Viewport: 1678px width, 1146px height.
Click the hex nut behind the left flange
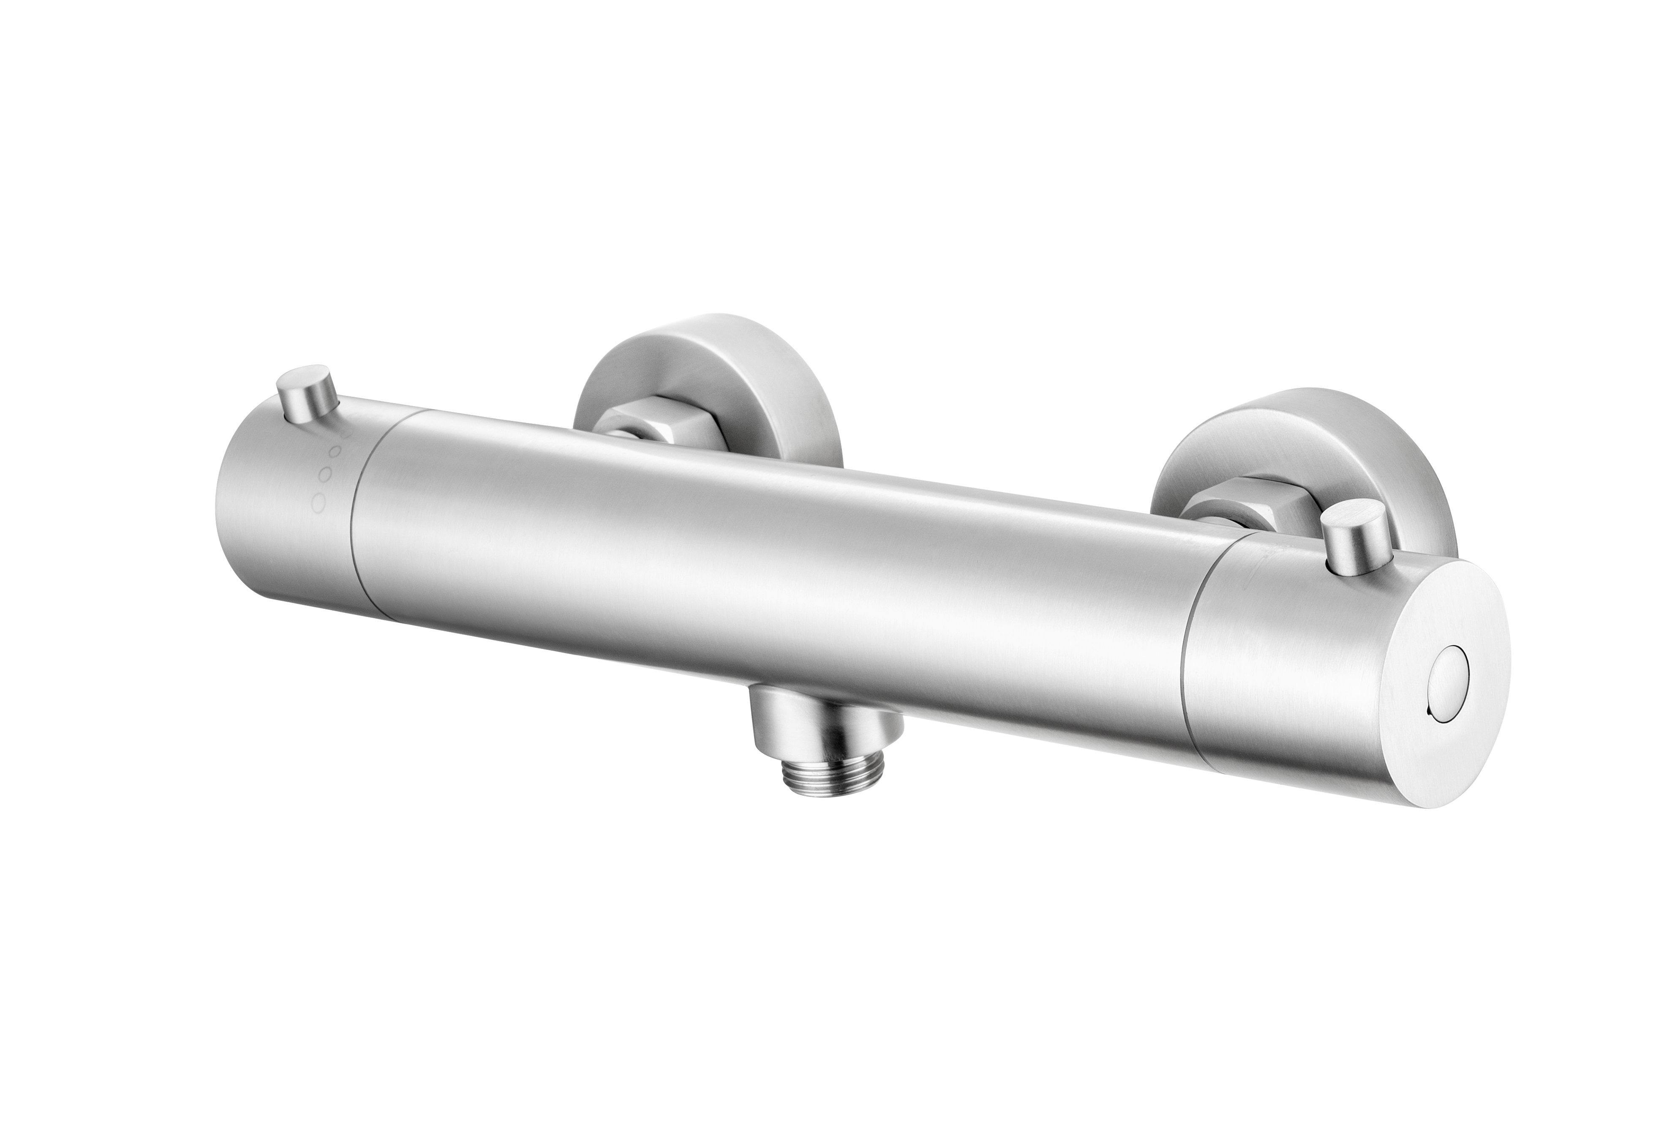pyautogui.click(x=650, y=430)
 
